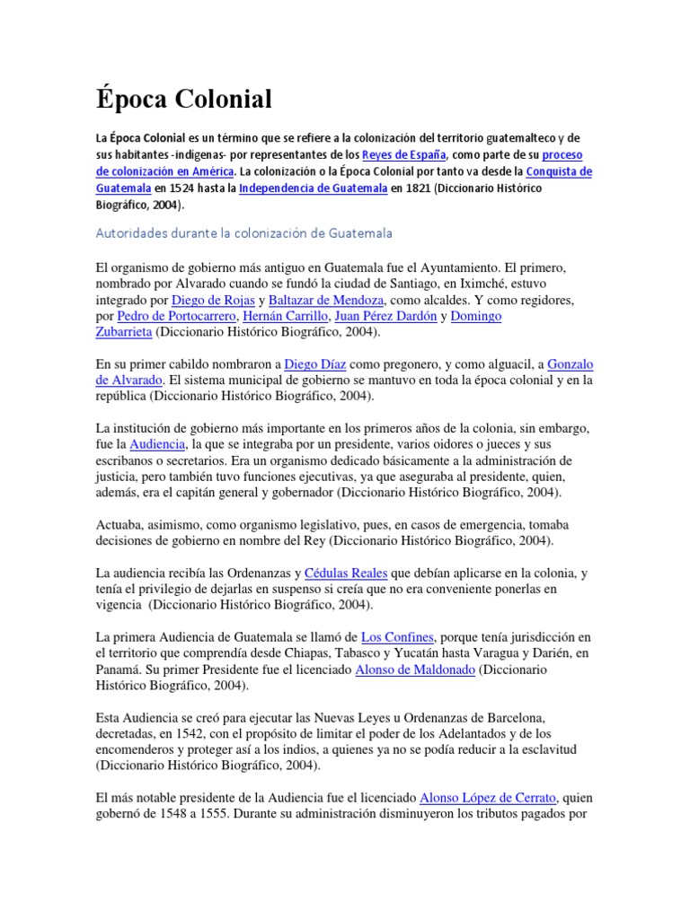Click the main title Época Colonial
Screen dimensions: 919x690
click(182, 100)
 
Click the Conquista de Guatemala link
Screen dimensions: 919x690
click(559, 171)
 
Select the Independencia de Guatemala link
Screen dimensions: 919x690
click(313, 188)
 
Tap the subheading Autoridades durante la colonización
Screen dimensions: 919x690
click(243, 233)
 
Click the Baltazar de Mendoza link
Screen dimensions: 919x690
click(324, 300)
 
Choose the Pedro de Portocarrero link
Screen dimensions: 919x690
click(176, 316)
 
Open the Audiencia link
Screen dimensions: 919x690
click(157, 444)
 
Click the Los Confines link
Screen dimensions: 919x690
click(399, 637)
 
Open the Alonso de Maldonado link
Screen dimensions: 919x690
click(415, 670)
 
